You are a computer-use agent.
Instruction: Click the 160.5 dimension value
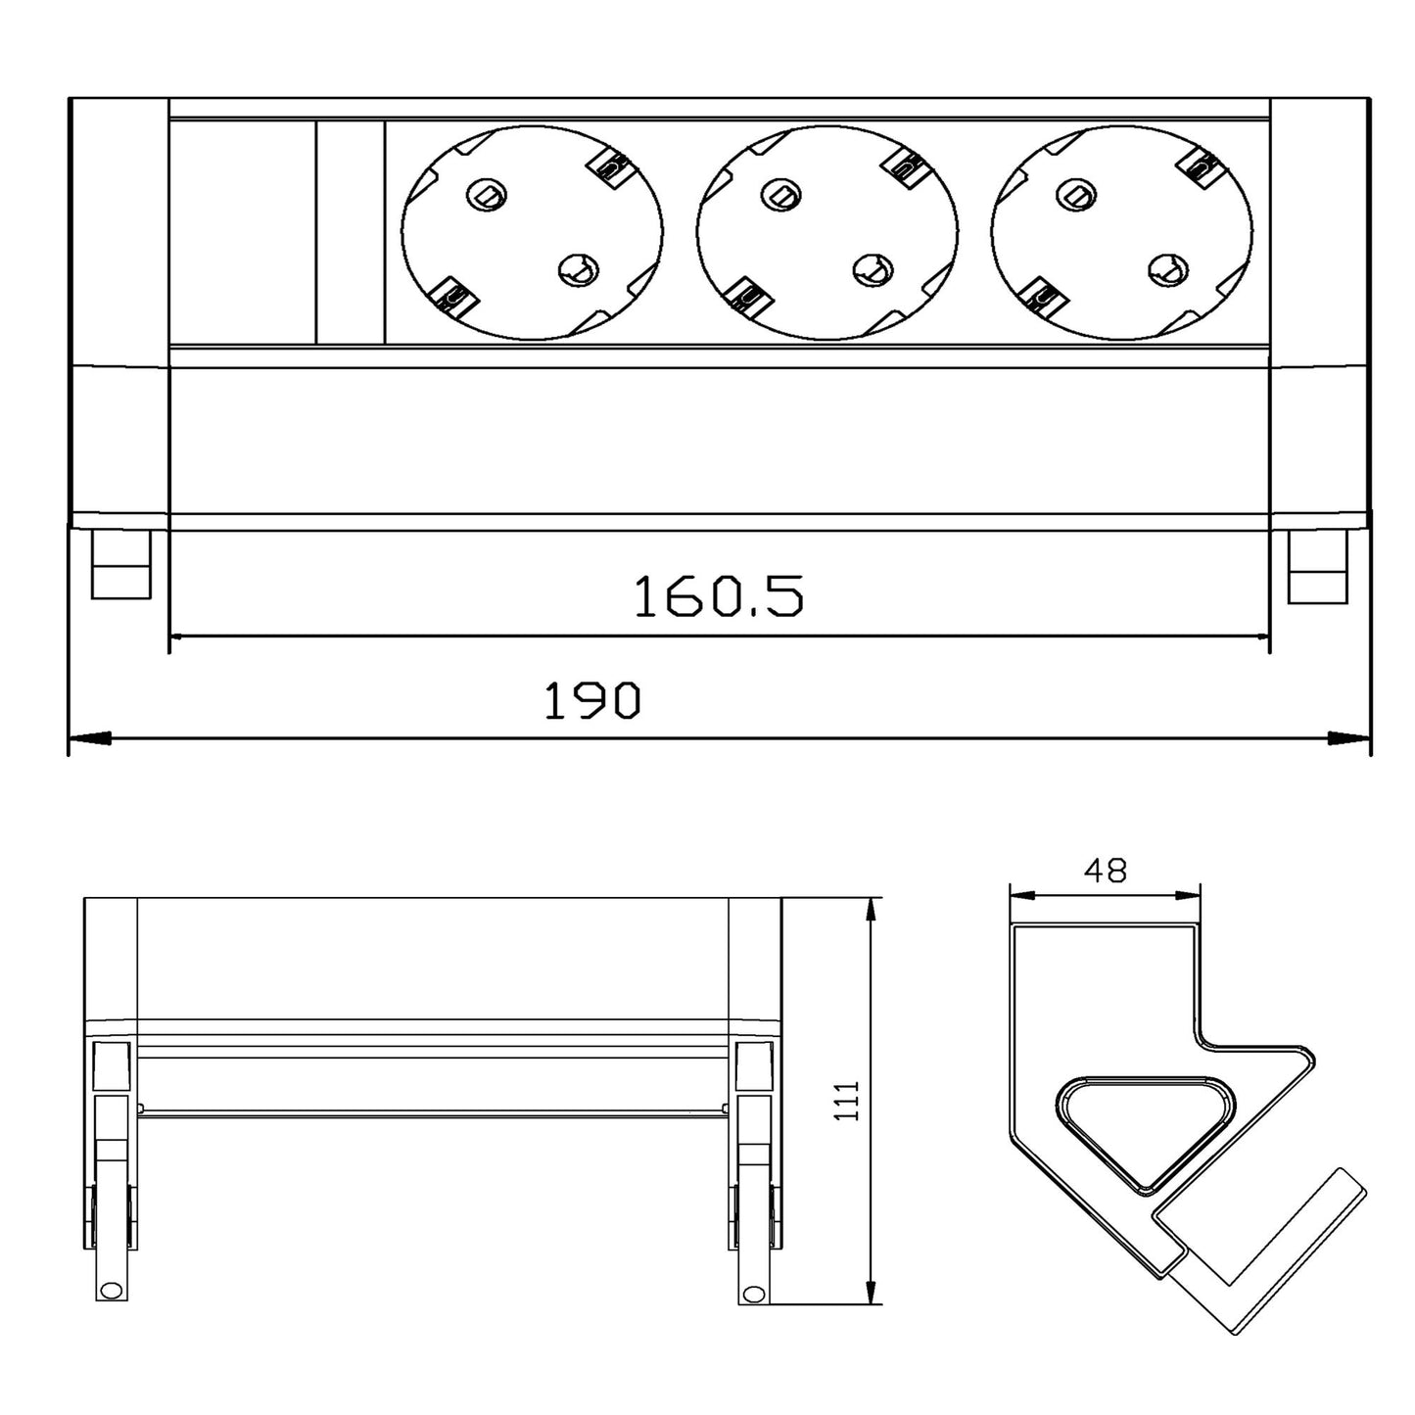click(719, 596)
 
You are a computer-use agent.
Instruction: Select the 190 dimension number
click(591, 700)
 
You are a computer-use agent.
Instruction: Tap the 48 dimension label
click(1106, 871)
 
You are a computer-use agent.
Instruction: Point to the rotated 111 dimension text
click(848, 1101)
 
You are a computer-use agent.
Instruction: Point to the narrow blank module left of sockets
click(351, 232)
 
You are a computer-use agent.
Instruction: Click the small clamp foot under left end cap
click(122, 565)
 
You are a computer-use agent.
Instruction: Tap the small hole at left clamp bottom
click(110, 1291)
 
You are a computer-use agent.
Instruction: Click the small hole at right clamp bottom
click(752, 1293)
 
